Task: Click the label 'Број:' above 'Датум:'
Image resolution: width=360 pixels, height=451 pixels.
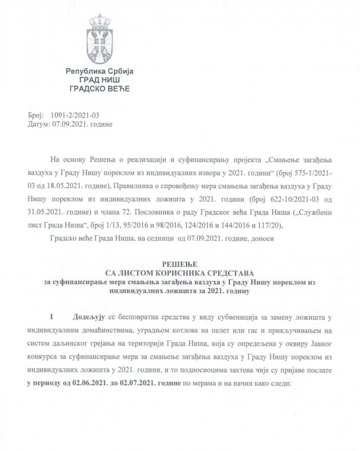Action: [x=36, y=116]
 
